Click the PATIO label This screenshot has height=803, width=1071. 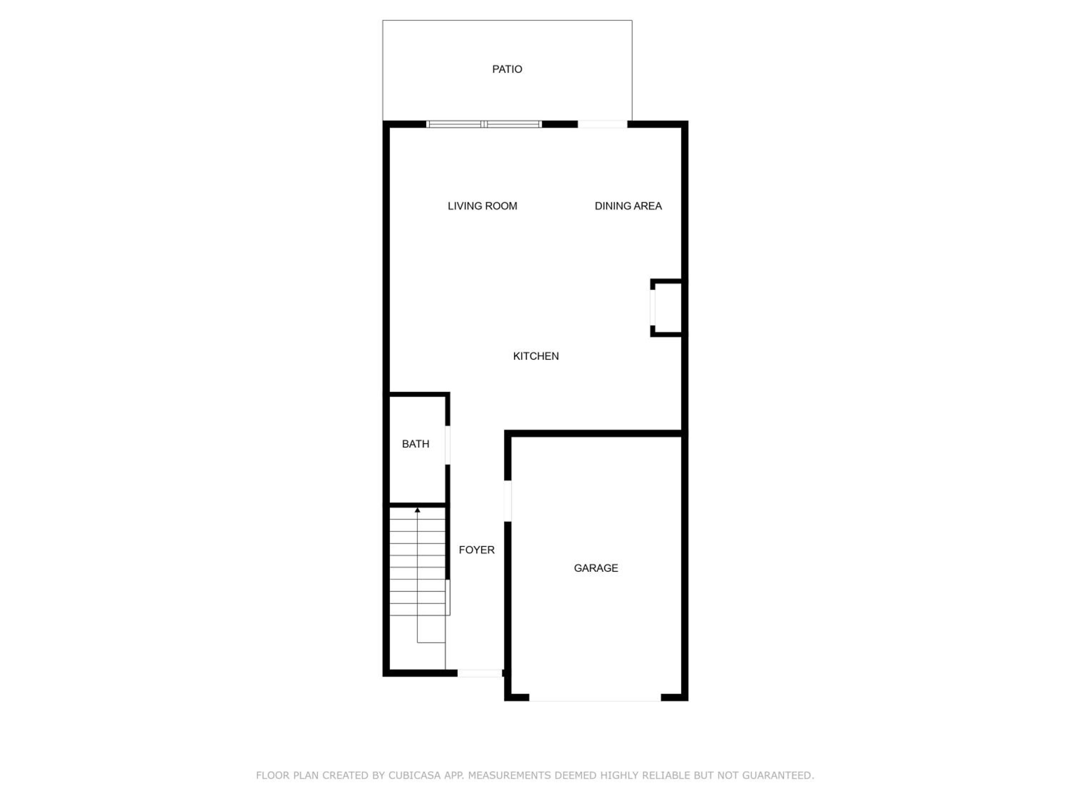click(507, 69)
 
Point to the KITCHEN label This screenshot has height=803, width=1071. click(535, 356)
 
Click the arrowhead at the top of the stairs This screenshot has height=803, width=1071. click(417, 510)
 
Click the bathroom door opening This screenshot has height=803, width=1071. click(447, 445)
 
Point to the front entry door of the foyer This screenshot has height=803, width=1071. click(480, 673)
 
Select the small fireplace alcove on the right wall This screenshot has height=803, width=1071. click(667, 308)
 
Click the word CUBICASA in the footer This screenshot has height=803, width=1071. click(414, 776)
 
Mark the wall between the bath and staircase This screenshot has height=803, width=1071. click(417, 505)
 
